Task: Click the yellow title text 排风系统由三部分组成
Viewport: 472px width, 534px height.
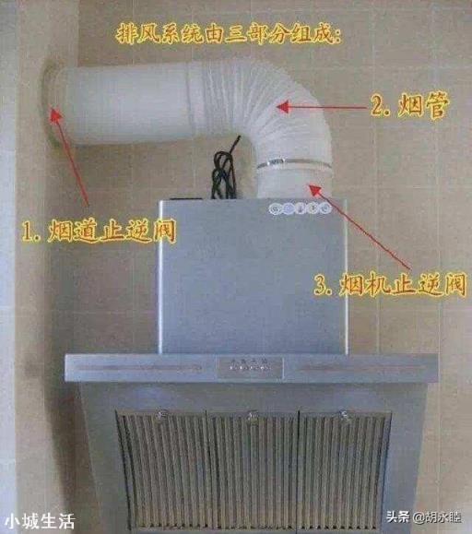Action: [x=228, y=34]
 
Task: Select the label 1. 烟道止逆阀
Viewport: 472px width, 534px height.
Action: [x=99, y=231]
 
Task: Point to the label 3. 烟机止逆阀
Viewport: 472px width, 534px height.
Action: [x=389, y=284]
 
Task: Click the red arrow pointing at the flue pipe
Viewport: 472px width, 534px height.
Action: [x=323, y=107]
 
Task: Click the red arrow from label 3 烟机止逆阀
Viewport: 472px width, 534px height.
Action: [x=360, y=226]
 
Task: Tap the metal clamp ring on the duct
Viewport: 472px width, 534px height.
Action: [x=294, y=163]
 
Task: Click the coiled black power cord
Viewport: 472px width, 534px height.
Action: [x=225, y=170]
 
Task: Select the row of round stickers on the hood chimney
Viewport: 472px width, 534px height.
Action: [x=300, y=208]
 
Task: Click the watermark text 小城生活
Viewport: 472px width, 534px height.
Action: [x=40, y=521]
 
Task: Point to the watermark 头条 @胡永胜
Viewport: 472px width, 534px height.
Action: [x=424, y=517]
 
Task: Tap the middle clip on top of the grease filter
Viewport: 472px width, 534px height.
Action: [x=253, y=415]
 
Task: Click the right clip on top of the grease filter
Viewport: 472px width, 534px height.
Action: [x=345, y=415]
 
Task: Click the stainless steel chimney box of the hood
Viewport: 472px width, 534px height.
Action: [x=253, y=277]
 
